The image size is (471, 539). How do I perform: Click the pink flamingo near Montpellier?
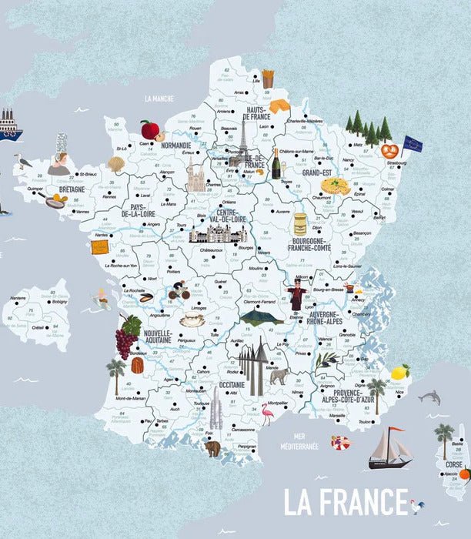[x=266, y=413]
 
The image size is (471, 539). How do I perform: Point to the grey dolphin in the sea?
[x=429, y=397]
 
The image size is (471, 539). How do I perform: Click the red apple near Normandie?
[x=149, y=129]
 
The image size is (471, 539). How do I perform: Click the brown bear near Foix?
[x=212, y=448]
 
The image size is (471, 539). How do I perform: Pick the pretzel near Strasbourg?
[x=389, y=151]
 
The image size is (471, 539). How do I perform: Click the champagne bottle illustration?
[x=276, y=163]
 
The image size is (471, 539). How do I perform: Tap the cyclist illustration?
[x=179, y=292]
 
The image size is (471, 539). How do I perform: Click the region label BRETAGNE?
[x=72, y=189]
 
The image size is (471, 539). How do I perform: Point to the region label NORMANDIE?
[x=176, y=145]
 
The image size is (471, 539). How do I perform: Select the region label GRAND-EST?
[x=316, y=173]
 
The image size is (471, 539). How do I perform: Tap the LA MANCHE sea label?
[x=159, y=99]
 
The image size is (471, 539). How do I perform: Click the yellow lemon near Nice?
[x=399, y=373]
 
